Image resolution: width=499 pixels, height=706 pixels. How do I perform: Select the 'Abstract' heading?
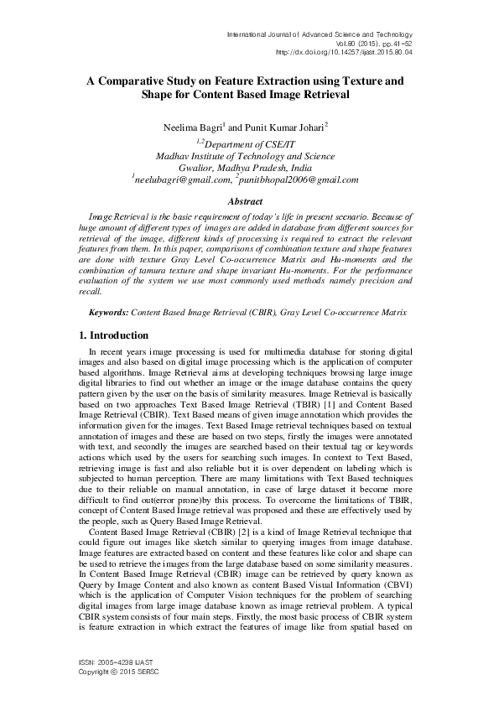[249, 201]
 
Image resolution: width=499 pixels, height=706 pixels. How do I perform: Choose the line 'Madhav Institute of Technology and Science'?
[249, 156]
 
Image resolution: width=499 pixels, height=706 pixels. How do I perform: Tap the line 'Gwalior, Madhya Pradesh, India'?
[249, 168]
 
